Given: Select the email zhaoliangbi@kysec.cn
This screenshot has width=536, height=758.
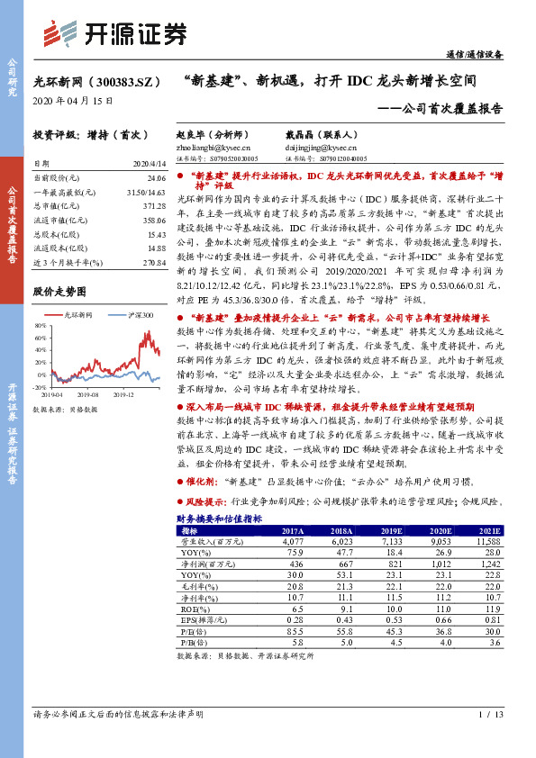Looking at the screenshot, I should (213, 147).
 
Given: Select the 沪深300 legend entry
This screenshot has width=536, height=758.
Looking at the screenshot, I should (138, 315).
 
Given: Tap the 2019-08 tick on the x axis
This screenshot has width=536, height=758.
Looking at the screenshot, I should (87, 393).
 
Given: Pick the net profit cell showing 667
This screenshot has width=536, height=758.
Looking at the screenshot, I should (343, 563).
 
